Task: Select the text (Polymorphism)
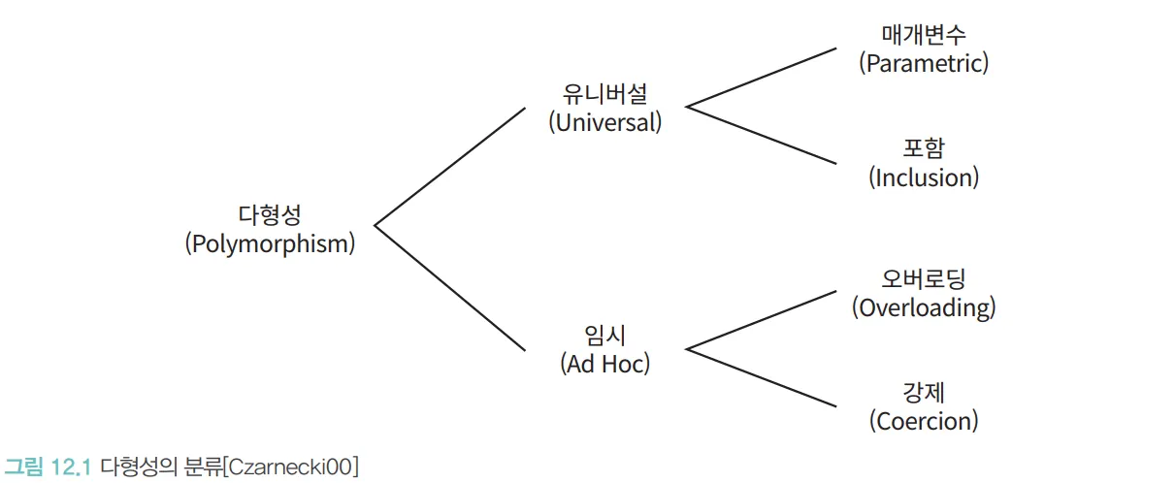270,243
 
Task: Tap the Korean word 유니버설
604,94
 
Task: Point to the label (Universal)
604,122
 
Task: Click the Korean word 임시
605,336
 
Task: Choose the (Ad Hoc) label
605,364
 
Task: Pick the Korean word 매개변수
924,36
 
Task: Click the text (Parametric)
924,64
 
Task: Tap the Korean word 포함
924,149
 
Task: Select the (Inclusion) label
924,177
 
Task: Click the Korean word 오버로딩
924,280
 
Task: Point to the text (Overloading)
924,308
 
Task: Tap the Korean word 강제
924,393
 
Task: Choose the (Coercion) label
924,421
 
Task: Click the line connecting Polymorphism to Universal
450,166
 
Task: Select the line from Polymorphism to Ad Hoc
450,287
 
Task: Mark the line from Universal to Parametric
762,77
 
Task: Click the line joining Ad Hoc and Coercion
762,377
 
